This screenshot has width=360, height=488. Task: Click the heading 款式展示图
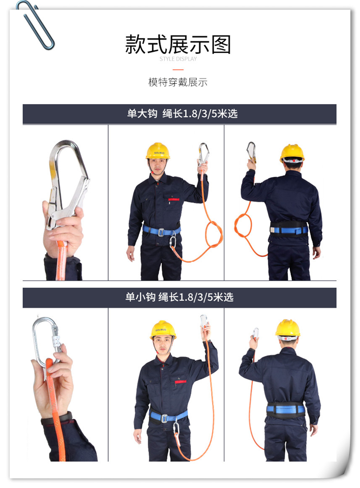[x=178, y=44]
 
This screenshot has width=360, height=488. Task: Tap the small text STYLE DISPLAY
[x=178, y=59]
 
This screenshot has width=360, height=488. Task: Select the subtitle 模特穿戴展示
[x=178, y=82]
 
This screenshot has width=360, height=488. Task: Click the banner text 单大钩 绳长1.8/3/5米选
[x=182, y=114]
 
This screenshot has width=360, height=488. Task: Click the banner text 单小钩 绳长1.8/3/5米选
[x=179, y=297]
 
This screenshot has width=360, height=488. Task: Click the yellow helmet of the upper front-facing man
[x=158, y=151]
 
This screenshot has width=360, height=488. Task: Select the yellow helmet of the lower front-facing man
[x=163, y=329]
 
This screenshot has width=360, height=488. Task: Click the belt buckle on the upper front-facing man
[x=161, y=232]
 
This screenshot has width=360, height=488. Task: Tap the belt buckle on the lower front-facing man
[x=165, y=418]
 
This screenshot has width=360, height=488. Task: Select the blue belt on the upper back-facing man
[x=289, y=230]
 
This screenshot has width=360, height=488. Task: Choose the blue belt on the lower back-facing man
[x=286, y=409]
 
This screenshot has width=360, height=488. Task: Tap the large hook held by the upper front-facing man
[x=203, y=153]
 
